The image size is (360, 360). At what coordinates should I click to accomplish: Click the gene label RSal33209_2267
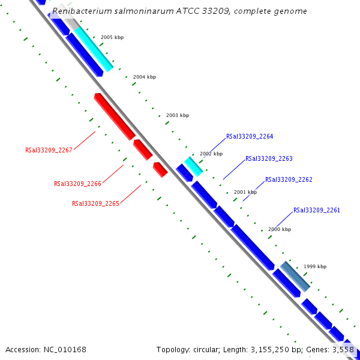49,150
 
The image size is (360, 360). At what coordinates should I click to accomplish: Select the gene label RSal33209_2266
77,184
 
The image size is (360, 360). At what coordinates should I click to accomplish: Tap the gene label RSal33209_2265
95,203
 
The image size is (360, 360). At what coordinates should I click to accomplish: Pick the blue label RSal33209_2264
250,137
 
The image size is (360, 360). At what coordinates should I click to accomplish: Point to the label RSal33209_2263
269,159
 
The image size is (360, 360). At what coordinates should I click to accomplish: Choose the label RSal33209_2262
289,179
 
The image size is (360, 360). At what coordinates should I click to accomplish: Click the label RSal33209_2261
317,211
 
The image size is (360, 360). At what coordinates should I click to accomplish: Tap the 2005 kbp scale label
112,38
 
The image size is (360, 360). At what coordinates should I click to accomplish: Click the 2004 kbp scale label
145,77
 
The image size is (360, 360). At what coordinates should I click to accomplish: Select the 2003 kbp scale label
178,115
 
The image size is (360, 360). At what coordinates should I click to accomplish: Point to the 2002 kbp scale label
211,154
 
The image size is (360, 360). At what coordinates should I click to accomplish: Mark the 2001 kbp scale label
245,193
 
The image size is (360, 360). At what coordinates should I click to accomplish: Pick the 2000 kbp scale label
280,230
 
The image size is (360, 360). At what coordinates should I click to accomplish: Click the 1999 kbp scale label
315,266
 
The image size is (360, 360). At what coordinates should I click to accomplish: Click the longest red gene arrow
114,116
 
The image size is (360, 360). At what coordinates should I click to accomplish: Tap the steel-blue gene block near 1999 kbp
295,277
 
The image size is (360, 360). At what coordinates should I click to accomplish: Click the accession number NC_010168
65,349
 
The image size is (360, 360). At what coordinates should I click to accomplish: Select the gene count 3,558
342,349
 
